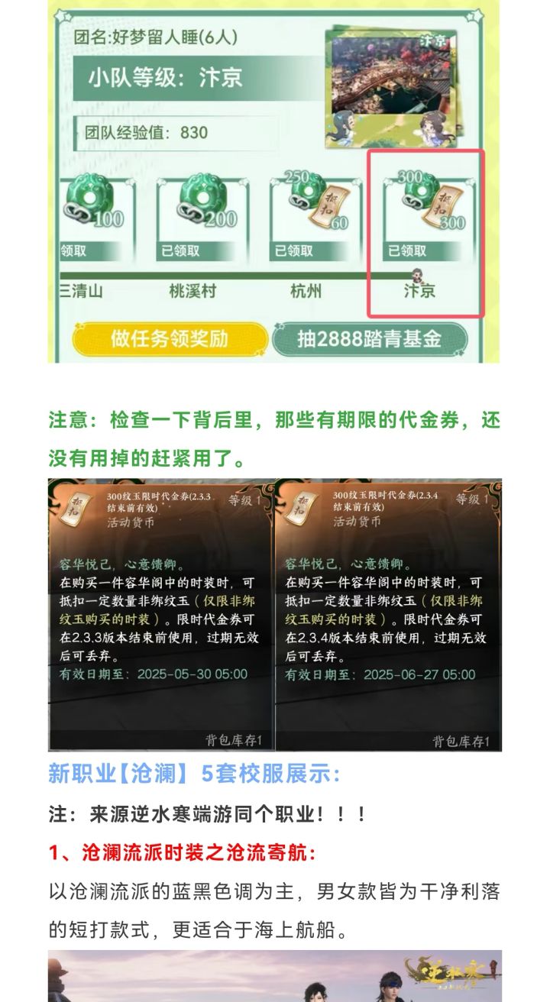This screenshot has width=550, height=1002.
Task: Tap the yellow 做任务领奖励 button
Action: tap(170, 338)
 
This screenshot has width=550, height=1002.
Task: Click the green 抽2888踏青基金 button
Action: tap(370, 338)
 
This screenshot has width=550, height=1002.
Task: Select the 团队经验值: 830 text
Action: tap(147, 133)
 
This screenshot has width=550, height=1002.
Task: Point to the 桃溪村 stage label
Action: tap(192, 291)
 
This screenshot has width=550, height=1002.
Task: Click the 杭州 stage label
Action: tap(306, 291)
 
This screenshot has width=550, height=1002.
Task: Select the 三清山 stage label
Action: tap(81, 291)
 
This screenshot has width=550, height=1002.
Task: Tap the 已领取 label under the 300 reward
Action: tap(407, 250)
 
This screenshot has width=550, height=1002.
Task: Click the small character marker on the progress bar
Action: tap(418, 275)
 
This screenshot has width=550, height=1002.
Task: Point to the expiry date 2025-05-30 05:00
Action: tap(192, 674)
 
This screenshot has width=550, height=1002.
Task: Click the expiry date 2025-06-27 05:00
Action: tap(419, 674)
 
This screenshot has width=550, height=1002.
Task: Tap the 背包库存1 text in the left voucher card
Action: tap(234, 740)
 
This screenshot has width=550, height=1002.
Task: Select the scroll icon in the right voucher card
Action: tap(302, 507)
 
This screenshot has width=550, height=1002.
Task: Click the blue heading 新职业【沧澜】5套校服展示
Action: tap(194, 774)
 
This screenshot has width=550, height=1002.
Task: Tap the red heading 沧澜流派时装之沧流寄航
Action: tap(199, 852)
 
